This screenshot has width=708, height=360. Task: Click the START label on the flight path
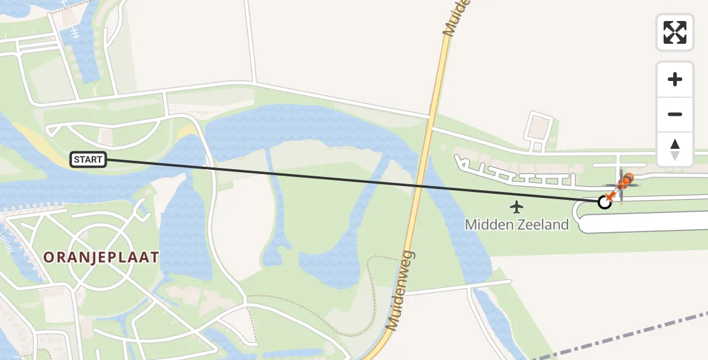89,160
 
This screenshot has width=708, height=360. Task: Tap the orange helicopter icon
626,179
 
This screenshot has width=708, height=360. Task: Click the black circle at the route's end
605,202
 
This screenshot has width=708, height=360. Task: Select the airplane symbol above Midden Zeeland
516,208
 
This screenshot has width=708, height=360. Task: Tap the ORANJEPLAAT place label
101,257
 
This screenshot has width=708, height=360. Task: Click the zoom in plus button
675,80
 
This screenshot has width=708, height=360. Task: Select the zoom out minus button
675,114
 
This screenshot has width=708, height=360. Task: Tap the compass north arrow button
675,149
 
